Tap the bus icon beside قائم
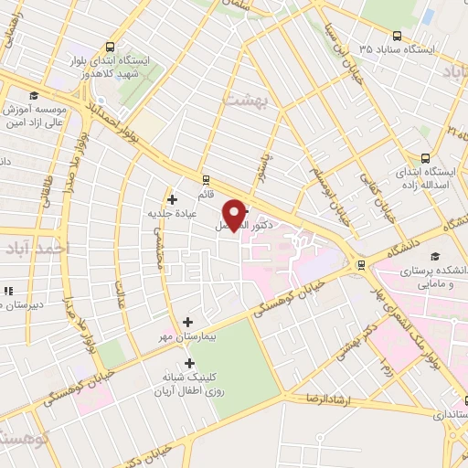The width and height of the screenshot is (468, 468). [206, 180]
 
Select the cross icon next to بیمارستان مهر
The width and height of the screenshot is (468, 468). [188, 322]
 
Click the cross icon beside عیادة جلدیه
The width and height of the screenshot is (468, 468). [171, 198]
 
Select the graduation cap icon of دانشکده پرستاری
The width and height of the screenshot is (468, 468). [436, 256]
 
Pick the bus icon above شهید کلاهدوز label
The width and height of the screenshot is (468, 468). [110, 48]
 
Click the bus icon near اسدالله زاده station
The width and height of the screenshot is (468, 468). [423, 157]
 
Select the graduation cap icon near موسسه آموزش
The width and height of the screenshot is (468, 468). [34, 95]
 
